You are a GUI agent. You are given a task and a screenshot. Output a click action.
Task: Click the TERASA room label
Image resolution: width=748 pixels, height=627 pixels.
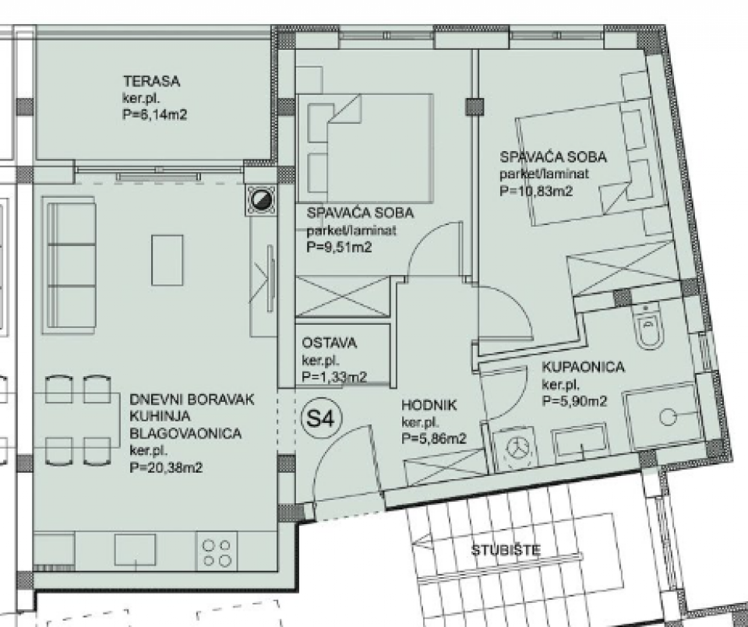pyautogui.click(x=152, y=81)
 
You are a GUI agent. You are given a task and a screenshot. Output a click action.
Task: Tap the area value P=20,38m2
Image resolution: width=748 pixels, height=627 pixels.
pyautogui.click(x=166, y=467)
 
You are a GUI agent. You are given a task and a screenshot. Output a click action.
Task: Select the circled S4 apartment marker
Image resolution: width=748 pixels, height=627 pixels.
pyautogui.click(x=317, y=418)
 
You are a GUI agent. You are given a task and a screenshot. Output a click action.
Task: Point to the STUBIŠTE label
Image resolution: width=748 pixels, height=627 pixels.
pyautogui.click(x=506, y=550)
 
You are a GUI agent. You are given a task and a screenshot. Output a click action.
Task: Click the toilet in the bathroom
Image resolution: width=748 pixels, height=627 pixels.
pyautogui.click(x=650, y=327)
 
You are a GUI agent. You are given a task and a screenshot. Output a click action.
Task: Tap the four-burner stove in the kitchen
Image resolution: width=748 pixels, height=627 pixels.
pyautogui.click(x=216, y=552)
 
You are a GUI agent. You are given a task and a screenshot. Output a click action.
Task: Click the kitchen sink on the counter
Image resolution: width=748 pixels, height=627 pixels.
pyautogui.click(x=136, y=550)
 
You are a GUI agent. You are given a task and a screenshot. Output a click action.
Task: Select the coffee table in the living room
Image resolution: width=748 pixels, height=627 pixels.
pyautogui.click(x=168, y=260)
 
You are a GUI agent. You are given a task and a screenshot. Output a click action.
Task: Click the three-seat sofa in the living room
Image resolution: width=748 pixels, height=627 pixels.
pyautogui.click(x=69, y=266)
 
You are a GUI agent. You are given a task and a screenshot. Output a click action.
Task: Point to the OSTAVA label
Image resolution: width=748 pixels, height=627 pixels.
pyautogui.click(x=329, y=343)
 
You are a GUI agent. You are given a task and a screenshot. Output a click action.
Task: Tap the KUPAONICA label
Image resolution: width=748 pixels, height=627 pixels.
pyautogui.click(x=583, y=367)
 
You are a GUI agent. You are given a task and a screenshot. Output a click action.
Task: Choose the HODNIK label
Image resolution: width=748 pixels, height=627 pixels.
pyautogui.click(x=429, y=405)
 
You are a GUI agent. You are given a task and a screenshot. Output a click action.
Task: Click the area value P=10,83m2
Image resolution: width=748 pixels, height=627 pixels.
pyautogui.click(x=536, y=191)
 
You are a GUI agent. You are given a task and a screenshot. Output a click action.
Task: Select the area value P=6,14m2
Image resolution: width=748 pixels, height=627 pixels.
pyautogui.click(x=155, y=115)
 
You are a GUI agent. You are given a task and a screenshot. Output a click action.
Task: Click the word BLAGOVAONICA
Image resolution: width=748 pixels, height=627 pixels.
pyautogui.click(x=185, y=433)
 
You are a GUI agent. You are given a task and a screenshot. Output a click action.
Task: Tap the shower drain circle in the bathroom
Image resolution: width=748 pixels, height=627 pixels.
pyautogui.click(x=668, y=417)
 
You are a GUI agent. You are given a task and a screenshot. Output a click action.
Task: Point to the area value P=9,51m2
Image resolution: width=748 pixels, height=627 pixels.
pyautogui.click(x=339, y=248)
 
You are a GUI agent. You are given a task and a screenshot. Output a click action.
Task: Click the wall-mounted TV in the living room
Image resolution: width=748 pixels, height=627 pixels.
pyautogui.click(x=270, y=277)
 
